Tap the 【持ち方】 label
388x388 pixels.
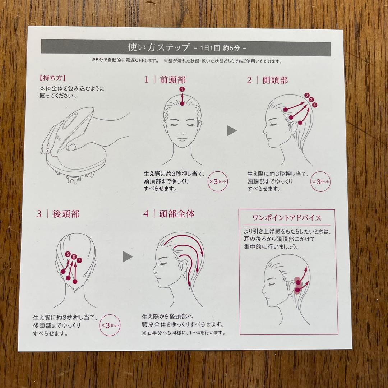(52, 78)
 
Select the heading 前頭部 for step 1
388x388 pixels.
(173, 80)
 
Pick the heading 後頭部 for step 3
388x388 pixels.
(66, 214)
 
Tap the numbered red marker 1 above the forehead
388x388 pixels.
(182, 89)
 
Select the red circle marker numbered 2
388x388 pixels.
(307, 95)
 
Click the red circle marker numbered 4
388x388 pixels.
(315, 105)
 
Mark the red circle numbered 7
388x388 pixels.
(79, 260)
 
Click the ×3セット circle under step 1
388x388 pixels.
(218, 182)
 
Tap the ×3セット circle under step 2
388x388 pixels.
(320, 182)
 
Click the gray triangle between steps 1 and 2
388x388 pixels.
(232, 131)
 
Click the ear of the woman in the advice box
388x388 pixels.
(290, 286)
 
